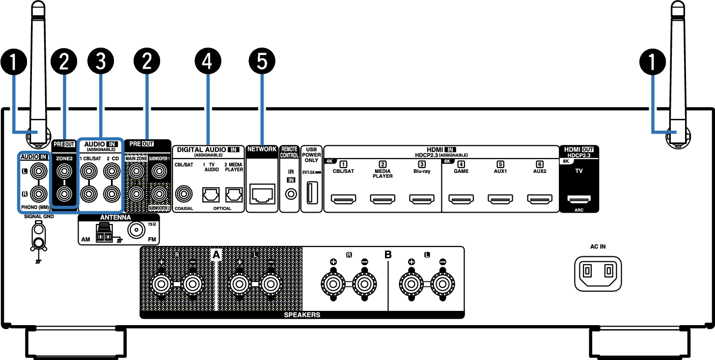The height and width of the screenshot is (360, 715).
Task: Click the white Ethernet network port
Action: point(262,194)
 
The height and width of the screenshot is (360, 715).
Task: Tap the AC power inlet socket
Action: point(598,274)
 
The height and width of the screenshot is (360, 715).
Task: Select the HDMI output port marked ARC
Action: point(579,199)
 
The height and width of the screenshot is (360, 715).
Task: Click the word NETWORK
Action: point(262,149)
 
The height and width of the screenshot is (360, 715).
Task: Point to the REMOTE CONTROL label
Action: point(289,152)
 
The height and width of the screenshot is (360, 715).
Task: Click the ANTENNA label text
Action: point(115,217)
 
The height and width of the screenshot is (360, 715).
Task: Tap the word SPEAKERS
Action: point(302,315)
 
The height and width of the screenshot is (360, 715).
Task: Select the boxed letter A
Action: point(216,254)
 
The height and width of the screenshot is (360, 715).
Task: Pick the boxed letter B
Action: point(388,254)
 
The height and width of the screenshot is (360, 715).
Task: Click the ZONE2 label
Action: point(64,159)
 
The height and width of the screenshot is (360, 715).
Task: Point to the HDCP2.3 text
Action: point(578,155)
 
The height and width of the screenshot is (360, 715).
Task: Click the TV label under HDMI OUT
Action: point(579,171)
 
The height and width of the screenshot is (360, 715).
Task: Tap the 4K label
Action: point(330,161)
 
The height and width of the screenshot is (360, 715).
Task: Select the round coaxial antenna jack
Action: point(136,229)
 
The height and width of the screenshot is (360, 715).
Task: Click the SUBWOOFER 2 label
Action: point(159,208)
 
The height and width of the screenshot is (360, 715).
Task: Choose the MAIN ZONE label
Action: point(136,159)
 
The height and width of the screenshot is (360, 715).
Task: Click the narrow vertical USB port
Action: point(312,193)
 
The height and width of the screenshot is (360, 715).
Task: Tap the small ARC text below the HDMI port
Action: point(579,210)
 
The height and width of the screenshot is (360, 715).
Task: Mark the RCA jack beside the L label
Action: point(38,171)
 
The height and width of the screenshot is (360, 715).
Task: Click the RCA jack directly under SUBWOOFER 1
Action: point(158,171)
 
